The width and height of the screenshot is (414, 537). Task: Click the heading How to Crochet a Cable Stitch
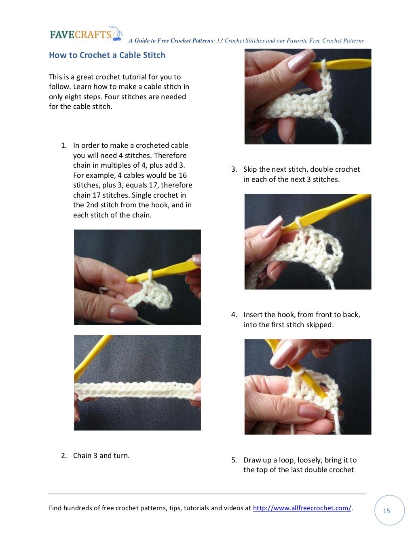point(107,55)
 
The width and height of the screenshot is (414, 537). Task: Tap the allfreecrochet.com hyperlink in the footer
point(302,508)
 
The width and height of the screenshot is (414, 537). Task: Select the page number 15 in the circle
point(387,511)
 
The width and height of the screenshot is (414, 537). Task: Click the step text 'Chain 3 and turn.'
point(101,456)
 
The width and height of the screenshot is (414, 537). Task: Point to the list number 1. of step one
point(64,145)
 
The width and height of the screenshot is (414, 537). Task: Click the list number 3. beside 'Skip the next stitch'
point(234,169)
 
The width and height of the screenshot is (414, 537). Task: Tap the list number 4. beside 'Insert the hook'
point(234,315)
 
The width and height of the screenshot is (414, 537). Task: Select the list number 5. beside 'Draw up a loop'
point(234,460)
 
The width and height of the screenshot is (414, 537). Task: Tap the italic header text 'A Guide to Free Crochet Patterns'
point(171,40)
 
